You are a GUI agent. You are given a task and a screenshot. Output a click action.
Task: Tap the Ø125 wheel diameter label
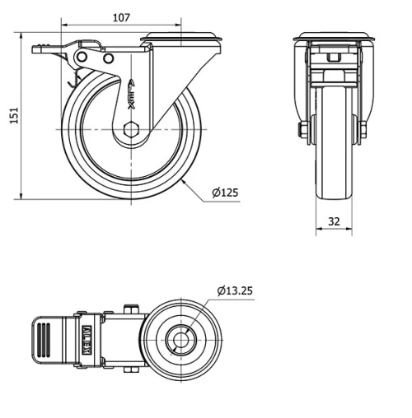(x=224, y=193)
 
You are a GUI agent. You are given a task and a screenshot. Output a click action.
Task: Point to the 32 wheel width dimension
(x=334, y=221)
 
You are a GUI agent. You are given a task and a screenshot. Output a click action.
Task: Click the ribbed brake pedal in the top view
(x=44, y=337)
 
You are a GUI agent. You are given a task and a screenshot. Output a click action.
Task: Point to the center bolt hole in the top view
(x=180, y=337)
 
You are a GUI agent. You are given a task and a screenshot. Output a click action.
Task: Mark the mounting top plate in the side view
(x=182, y=38)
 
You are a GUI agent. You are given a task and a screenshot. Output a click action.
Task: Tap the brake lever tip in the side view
(x=37, y=50)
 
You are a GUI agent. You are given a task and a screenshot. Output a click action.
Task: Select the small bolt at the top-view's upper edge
(x=129, y=309)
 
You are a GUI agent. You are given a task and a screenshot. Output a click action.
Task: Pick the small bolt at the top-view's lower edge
(x=129, y=368)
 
